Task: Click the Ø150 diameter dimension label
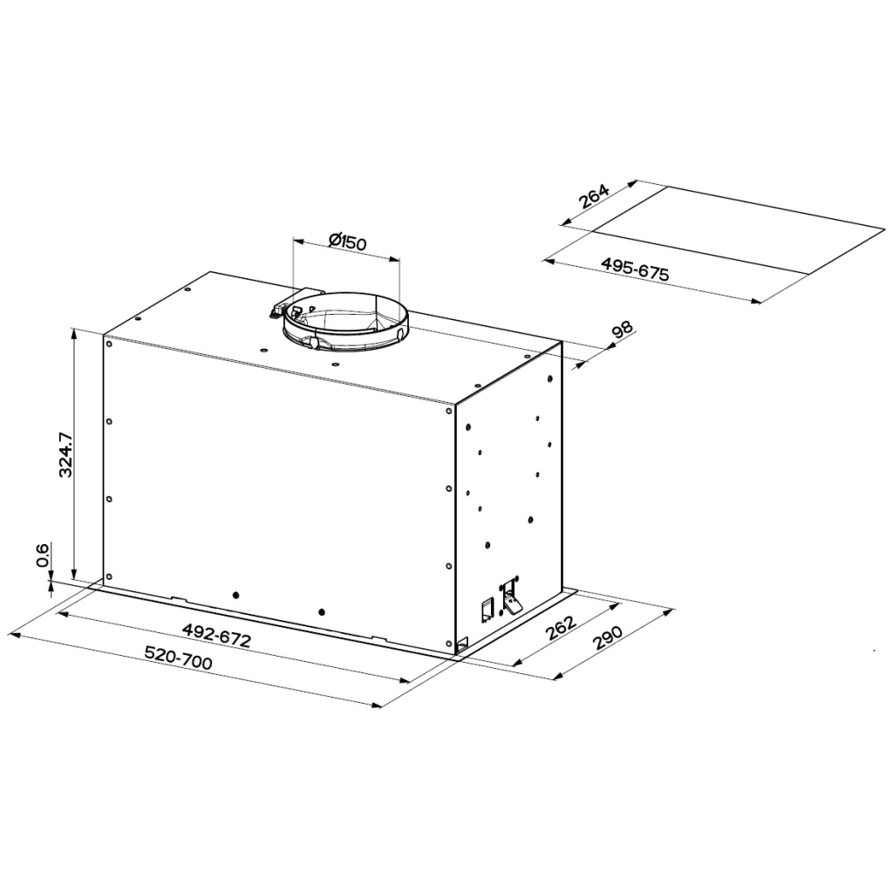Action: point(347,242)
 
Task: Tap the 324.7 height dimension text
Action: point(64,453)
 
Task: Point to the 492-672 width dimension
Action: point(216,635)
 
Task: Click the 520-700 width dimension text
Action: point(178,660)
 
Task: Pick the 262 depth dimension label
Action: point(560,629)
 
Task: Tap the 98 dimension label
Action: point(621,331)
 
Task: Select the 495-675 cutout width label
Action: point(634,269)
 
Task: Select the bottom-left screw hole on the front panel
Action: point(109,576)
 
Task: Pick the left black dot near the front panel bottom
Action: point(235,594)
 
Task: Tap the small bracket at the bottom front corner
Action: point(461,644)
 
